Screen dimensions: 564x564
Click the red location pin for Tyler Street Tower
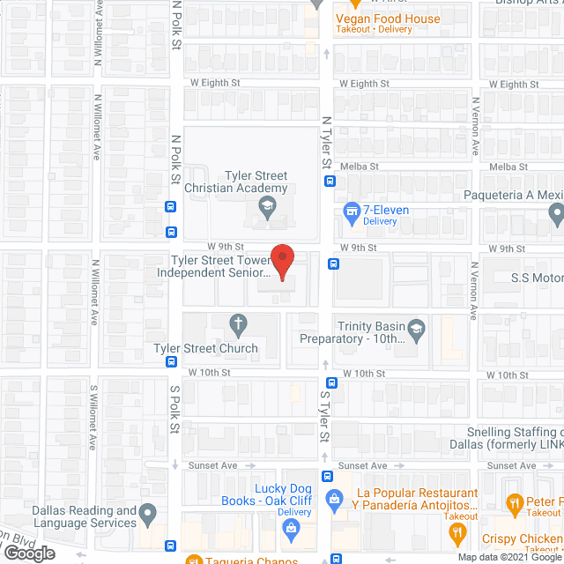click(281, 262)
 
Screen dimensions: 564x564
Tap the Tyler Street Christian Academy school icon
click(265, 208)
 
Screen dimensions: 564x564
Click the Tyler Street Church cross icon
click(237, 324)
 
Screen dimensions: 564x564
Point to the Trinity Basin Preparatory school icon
click(417, 330)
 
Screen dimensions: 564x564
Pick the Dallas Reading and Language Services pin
click(148, 512)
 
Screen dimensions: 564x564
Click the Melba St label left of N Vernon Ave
click(361, 167)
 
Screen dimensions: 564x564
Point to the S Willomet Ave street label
click(93, 417)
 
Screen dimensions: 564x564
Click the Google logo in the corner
click(29, 553)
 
